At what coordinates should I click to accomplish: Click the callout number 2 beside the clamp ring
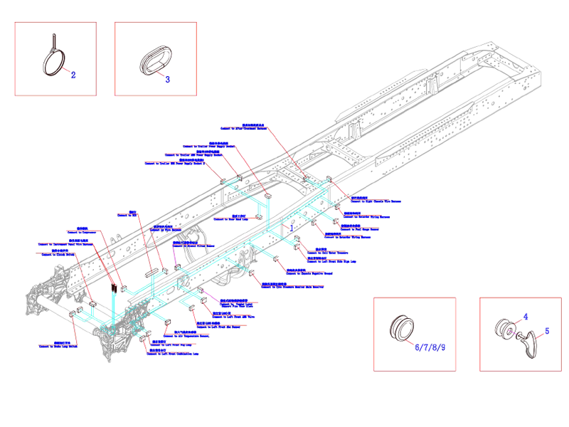(73, 73)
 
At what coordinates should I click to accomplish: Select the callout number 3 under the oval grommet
(168, 79)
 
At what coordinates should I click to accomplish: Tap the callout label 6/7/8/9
(431, 347)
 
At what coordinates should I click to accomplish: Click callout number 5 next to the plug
(547, 331)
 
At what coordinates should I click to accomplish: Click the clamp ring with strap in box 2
(53, 57)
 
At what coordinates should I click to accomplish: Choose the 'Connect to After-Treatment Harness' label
(248, 130)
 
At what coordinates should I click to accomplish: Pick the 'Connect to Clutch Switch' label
(58, 254)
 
